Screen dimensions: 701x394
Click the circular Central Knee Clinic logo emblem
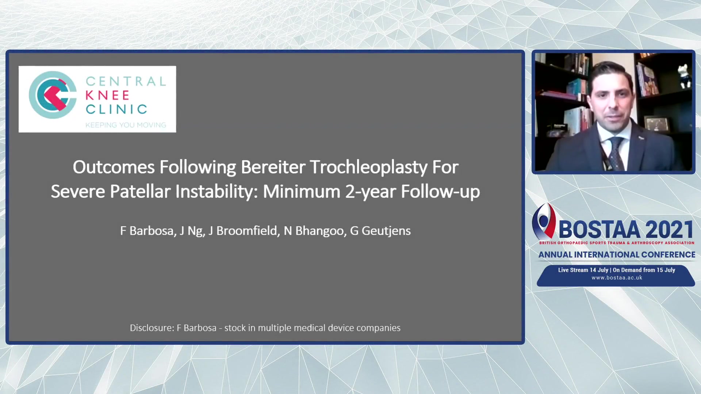tap(53, 95)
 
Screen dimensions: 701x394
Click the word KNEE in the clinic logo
tap(107, 95)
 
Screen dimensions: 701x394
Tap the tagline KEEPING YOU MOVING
tap(126, 125)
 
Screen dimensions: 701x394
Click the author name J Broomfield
tap(242, 231)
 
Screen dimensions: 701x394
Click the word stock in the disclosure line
tap(235, 328)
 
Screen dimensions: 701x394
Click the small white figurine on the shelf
tap(683, 75)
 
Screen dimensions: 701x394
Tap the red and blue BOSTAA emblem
tap(544, 221)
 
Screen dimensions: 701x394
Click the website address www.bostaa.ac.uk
tap(617, 278)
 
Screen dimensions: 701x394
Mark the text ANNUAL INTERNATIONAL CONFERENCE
tap(617, 255)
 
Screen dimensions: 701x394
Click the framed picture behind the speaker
tap(657, 124)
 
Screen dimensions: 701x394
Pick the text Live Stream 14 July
tap(583, 270)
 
